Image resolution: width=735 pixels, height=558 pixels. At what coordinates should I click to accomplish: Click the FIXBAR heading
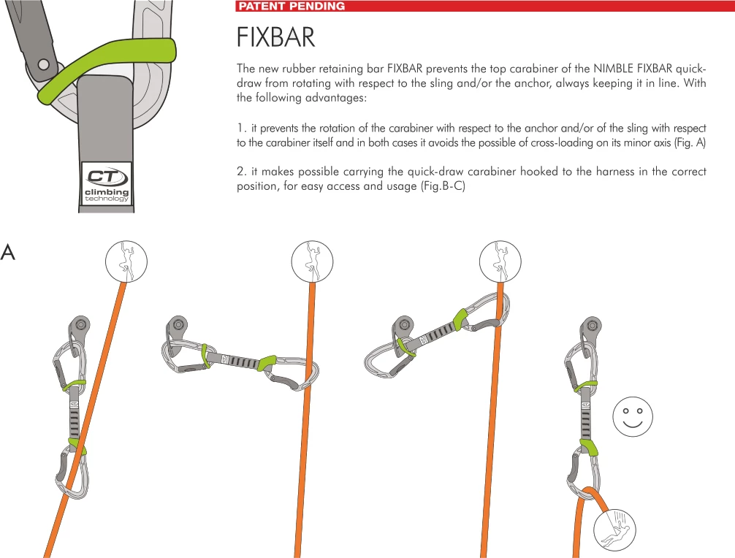pyautogui.click(x=275, y=38)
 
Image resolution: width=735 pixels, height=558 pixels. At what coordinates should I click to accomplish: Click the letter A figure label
pyautogui.click(x=8, y=253)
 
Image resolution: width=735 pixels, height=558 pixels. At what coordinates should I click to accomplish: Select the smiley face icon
pyautogui.click(x=632, y=418)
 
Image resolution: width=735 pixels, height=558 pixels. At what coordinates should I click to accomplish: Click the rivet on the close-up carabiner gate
pyautogui.click(x=44, y=65)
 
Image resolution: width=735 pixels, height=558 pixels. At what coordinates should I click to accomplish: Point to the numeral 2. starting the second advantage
pyautogui.click(x=241, y=172)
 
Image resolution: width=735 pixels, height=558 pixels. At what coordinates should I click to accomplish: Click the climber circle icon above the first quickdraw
pyautogui.click(x=126, y=260)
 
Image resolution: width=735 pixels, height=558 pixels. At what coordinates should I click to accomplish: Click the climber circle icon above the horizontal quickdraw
pyautogui.click(x=312, y=260)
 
